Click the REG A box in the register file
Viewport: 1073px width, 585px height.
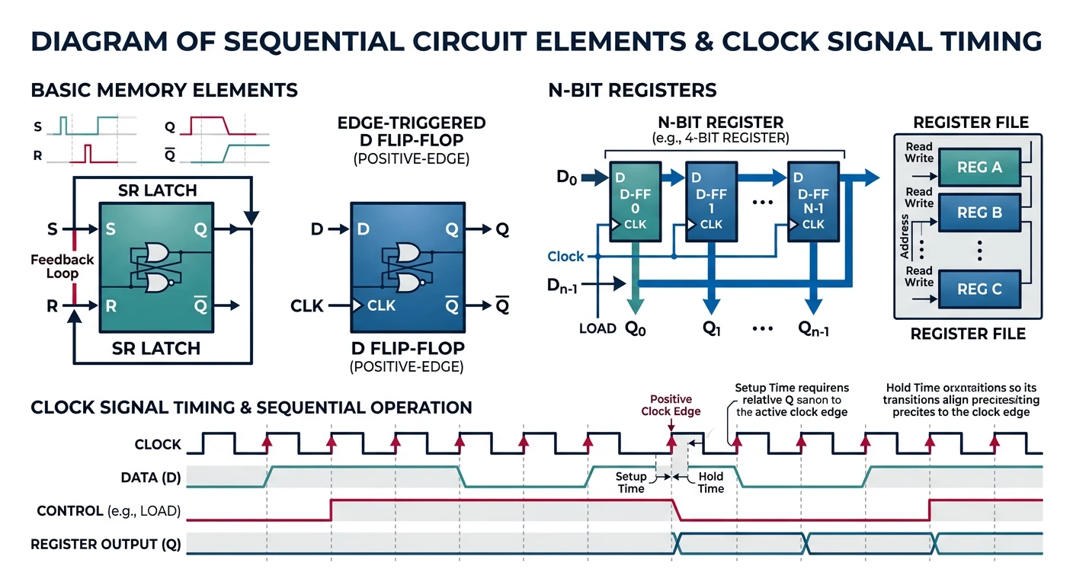(979, 167)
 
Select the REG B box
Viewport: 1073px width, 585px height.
(979, 213)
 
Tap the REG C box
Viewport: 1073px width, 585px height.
(979, 289)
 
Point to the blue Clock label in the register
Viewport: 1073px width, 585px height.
(566, 257)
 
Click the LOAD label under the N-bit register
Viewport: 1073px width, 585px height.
(597, 329)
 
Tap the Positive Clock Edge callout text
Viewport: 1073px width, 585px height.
(671, 405)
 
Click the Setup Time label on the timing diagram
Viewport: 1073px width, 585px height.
(631, 482)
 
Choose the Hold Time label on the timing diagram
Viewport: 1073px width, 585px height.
(710, 482)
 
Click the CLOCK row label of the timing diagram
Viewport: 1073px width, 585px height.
(158, 444)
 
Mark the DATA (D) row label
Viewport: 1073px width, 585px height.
(151, 478)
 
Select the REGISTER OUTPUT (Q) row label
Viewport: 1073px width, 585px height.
(105, 544)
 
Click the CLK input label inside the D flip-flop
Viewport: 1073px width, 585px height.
(381, 305)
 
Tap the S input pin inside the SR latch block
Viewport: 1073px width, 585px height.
(111, 228)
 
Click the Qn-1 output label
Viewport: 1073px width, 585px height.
(814, 329)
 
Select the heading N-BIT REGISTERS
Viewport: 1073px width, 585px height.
(633, 91)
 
